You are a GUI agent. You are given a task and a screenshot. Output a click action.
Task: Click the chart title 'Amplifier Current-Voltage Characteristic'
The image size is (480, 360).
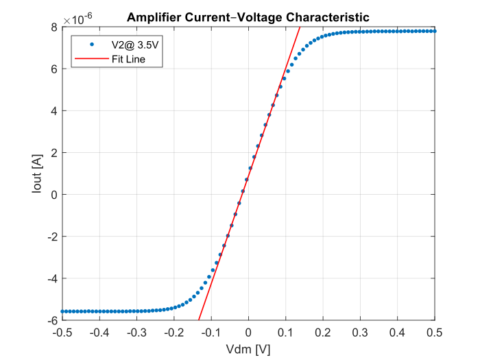(248, 18)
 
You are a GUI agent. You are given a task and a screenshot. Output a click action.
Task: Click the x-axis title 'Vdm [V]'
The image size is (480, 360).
(248, 349)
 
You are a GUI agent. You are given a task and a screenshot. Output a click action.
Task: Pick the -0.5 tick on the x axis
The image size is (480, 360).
(62, 332)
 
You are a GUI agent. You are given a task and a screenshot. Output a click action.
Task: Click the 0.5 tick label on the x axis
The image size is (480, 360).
(435, 332)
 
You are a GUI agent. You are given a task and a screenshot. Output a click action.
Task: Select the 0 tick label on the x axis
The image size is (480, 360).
(249, 332)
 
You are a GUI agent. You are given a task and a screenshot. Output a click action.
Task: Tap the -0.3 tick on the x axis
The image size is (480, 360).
(136, 332)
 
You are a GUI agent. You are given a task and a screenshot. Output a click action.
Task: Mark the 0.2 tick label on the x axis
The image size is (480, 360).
(323, 332)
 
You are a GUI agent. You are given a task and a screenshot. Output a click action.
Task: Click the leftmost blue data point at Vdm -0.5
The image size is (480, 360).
(62, 311)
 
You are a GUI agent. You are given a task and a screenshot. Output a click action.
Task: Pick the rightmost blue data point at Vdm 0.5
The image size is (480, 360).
(435, 31)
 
